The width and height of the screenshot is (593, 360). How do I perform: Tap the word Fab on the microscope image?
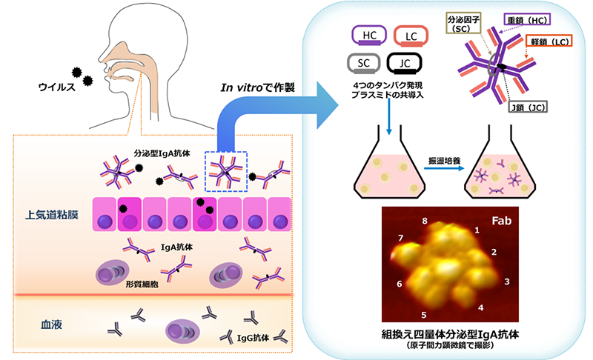pos(500,220)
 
